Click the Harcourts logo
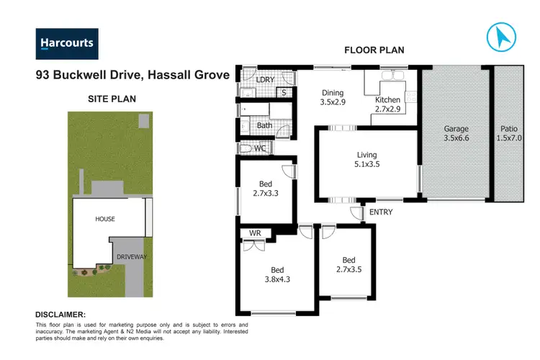(66, 43)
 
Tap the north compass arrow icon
(502, 37)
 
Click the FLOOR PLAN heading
(374, 50)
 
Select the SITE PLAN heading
(112, 99)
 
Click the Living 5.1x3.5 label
(366, 159)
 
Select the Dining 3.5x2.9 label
(333, 97)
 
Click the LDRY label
(266, 80)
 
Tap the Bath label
(264, 125)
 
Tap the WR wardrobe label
(254, 233)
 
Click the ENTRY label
(381, 212)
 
